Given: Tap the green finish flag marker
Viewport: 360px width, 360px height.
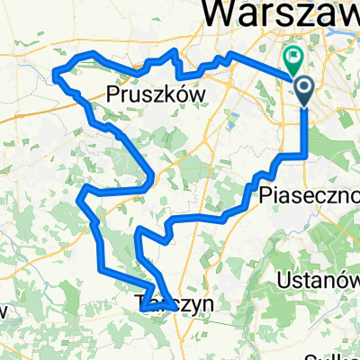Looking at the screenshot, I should click(293, 58).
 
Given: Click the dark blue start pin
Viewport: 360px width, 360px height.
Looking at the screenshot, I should click(304, 90).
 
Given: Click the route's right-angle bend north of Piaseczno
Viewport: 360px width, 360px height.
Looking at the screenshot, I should click(305, 156).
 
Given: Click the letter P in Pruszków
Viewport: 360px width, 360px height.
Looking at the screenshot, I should click(112, 93).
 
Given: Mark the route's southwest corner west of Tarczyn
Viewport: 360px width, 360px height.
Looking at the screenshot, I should click(99, 266).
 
